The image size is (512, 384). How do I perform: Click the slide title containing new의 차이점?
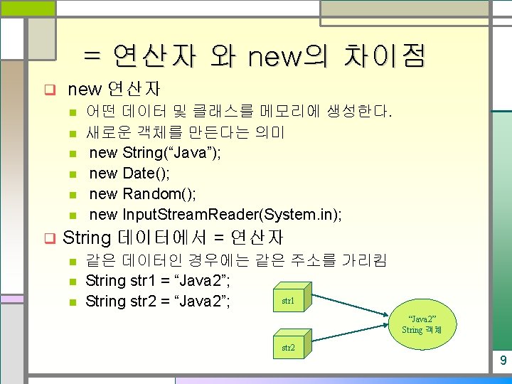255,55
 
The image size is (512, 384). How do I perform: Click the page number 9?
503,361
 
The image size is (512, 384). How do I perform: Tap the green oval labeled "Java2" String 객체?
422,324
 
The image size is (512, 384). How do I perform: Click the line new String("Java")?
154,152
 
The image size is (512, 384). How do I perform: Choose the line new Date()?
130,173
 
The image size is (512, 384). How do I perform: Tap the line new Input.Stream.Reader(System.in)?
215,214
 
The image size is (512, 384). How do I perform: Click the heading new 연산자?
113,90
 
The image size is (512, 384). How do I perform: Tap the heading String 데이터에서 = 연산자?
173,238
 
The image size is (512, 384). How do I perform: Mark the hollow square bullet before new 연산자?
50,90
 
